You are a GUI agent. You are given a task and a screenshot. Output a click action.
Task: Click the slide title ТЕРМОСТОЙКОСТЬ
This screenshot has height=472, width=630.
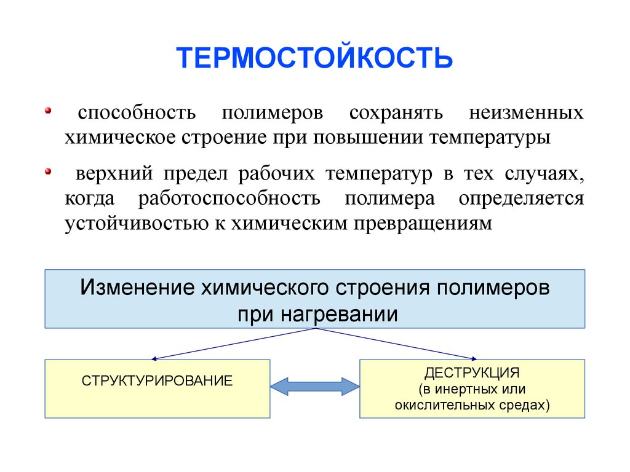pyautogui.click(x=314, y=58)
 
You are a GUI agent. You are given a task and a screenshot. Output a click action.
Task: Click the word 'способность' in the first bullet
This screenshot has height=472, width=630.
pyautogui.click(x=137, y=114)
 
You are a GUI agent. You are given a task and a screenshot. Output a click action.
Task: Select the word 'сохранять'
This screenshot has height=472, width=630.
pyautogui.click(x=396, y=114)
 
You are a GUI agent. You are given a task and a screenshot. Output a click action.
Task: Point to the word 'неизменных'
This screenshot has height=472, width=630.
pyautogui.click(x=526, y=114)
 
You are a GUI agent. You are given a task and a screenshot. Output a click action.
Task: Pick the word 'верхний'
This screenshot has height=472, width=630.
pyautogui.click(x=114, y=175)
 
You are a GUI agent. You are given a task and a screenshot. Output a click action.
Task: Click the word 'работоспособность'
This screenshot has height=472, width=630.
pyautogui.click(x=229, y=199)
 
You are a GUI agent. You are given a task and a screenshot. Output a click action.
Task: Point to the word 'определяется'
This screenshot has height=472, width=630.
pyautogui.click(x=520, y=199)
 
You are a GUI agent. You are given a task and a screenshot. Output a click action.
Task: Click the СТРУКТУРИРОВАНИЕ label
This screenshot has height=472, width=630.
pyautogui.click(x=157, y=380)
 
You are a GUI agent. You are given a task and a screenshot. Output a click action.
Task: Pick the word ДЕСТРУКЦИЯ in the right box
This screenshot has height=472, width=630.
pyautogui.click(x=472, y=372)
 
